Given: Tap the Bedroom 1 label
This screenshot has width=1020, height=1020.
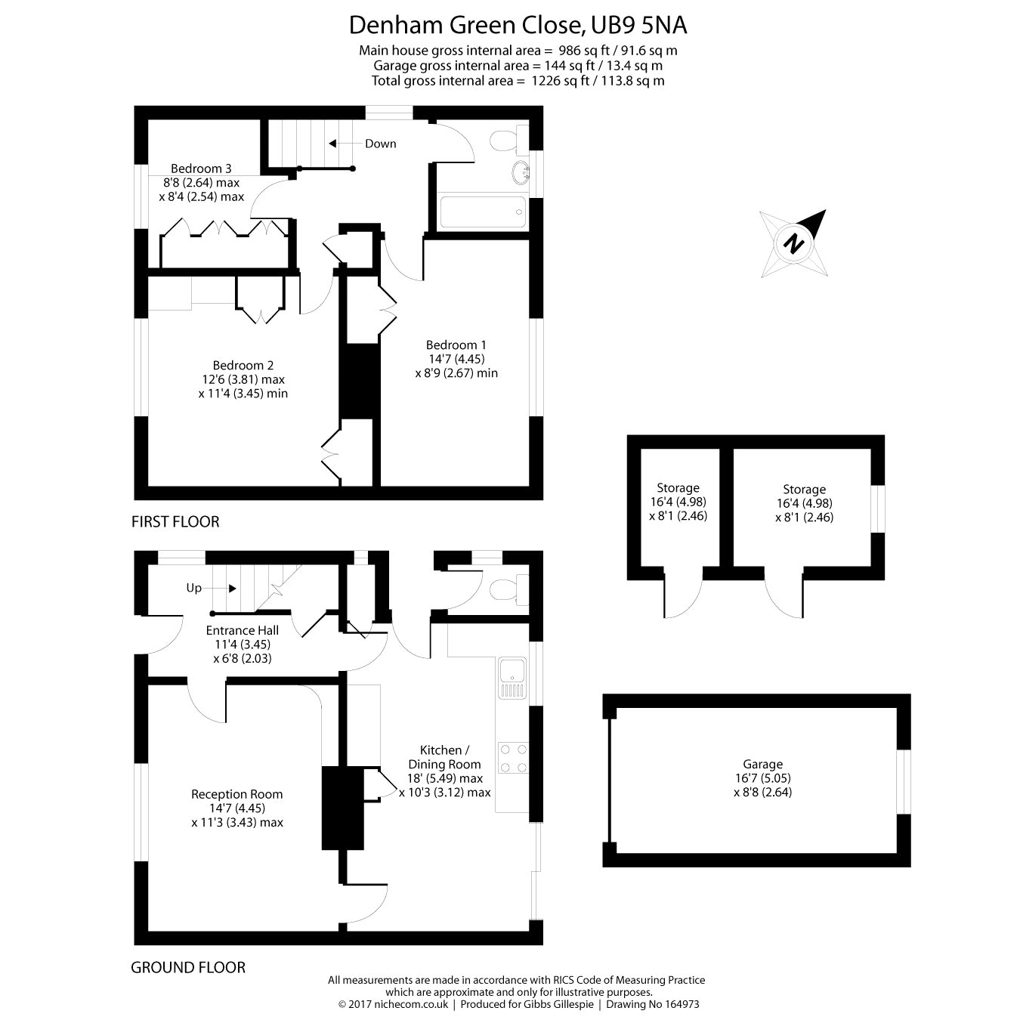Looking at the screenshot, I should click(x=456, y=345).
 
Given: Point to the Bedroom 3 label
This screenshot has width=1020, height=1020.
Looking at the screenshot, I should click(x=201, y=168).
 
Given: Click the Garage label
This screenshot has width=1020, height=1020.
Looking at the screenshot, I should click(x=762, y=764).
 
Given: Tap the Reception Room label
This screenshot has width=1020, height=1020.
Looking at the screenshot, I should click(x=236, y=794).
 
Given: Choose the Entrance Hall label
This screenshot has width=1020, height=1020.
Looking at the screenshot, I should click(x=242, y=630).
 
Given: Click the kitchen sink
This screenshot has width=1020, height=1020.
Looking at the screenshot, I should click(x=512, y=677).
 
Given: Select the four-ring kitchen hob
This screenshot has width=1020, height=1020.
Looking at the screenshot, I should click(x=512, y=758).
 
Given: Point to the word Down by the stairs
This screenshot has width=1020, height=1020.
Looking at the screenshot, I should click(x=380, y=144).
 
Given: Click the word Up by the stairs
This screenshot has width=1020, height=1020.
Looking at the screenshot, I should click(x=194, y=588).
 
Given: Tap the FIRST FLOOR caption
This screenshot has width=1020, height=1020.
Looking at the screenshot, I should click(x=175, y=521).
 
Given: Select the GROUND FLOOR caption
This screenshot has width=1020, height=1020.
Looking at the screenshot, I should click(x=188, y=967).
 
